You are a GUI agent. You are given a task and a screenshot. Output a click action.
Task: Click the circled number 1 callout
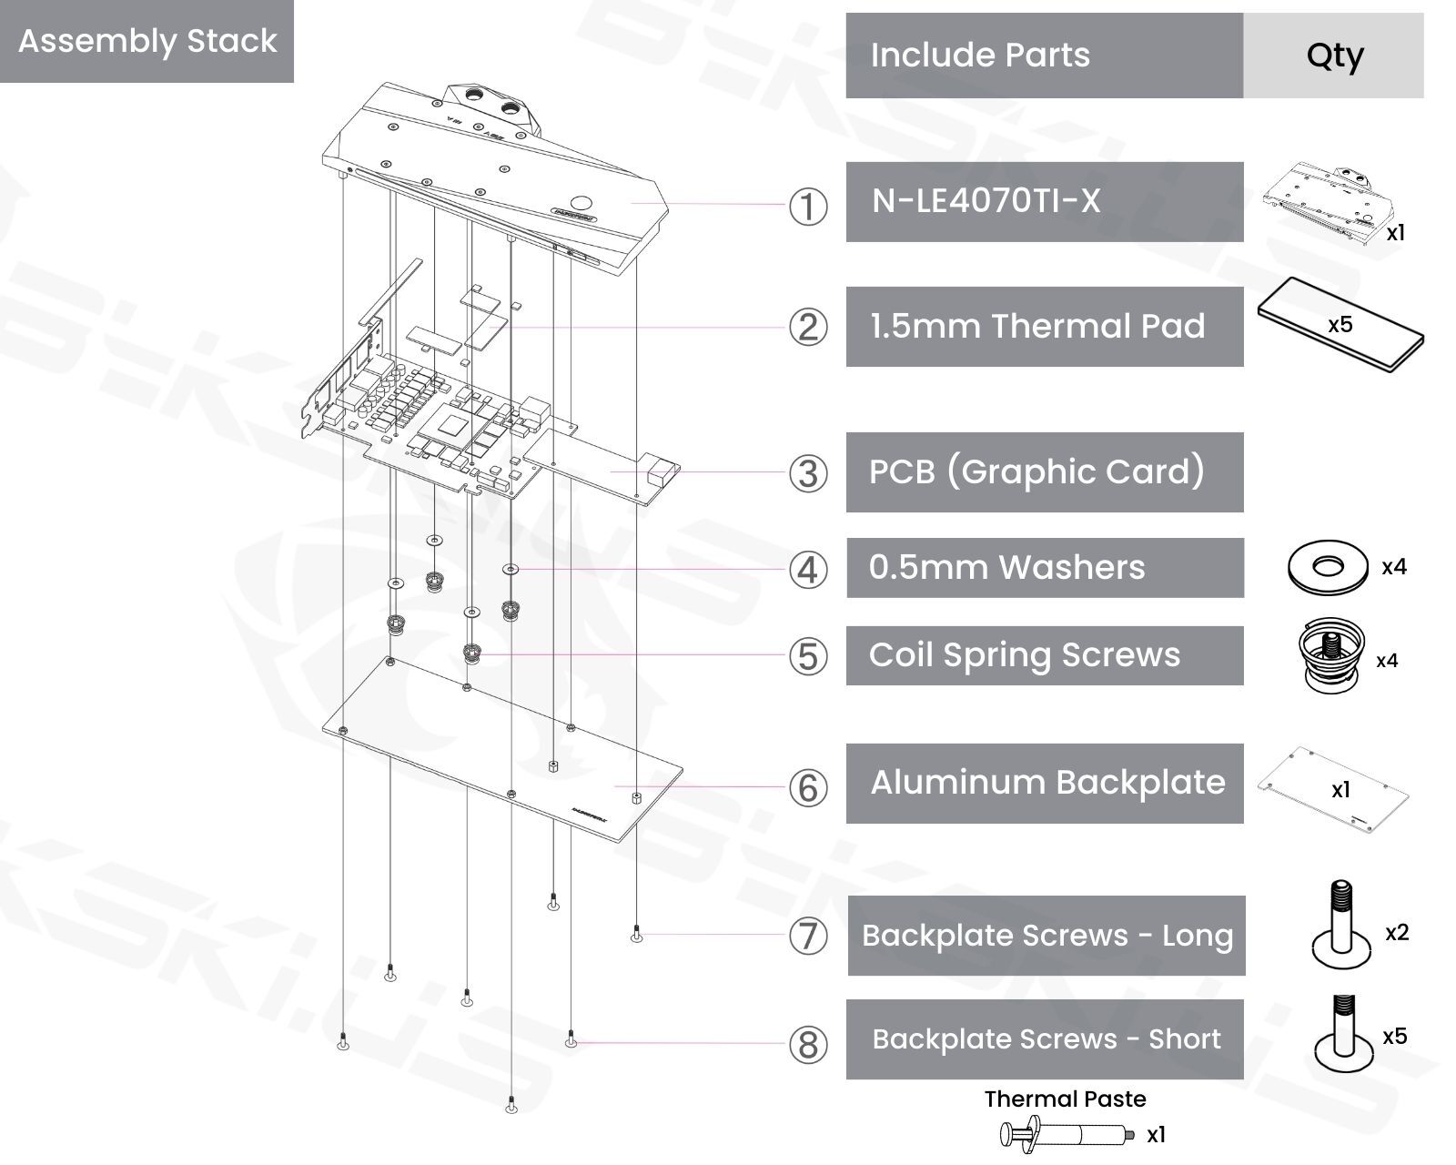807,207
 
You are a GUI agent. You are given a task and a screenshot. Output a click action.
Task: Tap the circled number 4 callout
807,570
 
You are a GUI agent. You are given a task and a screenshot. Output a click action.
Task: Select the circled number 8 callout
807,1044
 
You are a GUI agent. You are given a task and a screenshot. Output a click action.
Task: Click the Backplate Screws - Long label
1046,936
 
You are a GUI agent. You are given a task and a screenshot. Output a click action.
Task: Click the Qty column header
1333,56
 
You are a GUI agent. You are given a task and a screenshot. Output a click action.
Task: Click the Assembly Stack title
147,41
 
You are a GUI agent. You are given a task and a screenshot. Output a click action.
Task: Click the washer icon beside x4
1328,567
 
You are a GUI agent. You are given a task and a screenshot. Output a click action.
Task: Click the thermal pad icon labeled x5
1340,325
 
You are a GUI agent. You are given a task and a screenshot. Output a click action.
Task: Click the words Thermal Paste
1065,1099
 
